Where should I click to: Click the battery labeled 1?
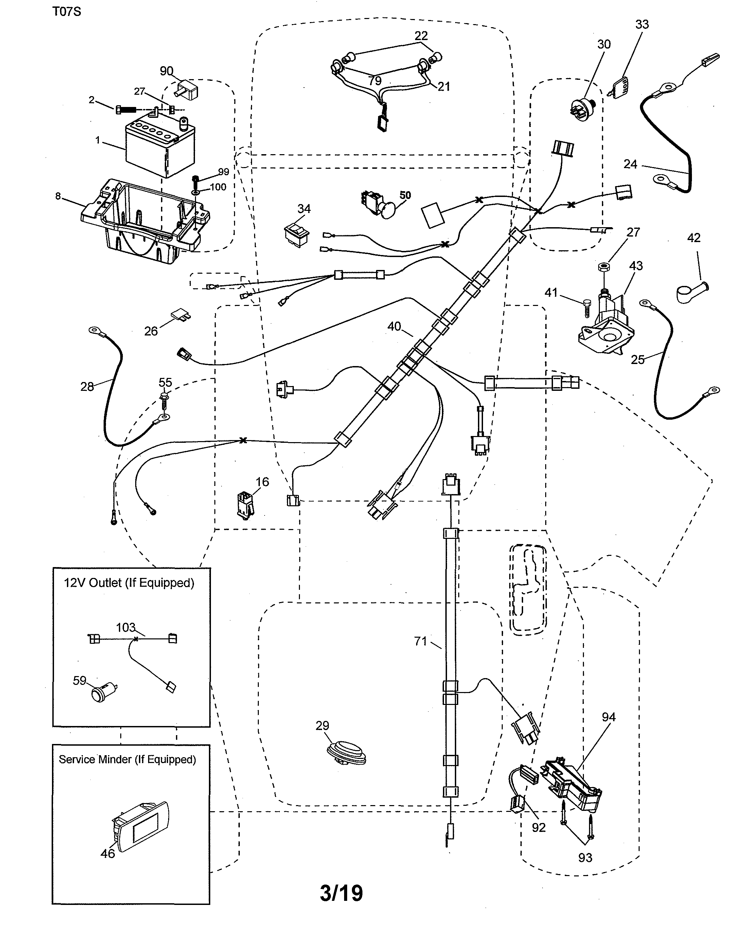(x=160, y=147)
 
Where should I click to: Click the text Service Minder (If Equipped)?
(x=127, y=760)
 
